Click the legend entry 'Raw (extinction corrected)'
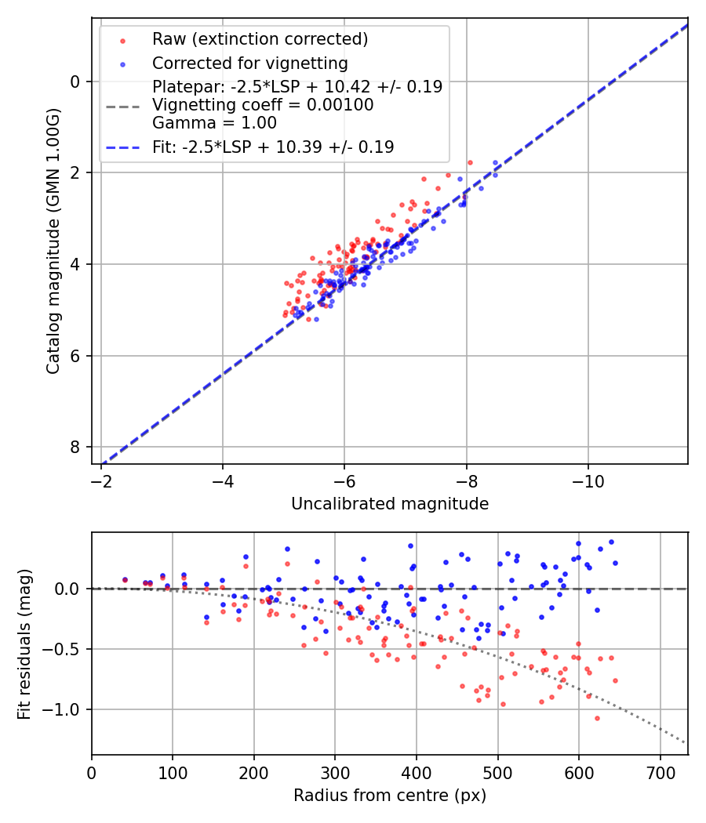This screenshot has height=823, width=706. coord(260,39)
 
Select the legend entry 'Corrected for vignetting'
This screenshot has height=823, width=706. coord(250,63)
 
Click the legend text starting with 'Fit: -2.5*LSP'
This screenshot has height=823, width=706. coord(273,147)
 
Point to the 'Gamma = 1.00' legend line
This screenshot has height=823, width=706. coord(214,122)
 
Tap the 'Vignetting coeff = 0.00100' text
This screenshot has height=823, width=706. coord(263,105)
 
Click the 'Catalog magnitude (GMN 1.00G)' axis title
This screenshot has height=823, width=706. coord(53,241)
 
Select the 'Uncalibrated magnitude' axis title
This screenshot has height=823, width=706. coord(390,504)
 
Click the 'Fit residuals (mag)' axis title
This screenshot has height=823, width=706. coord(24,644)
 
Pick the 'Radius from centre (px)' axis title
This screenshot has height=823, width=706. coord(390,796)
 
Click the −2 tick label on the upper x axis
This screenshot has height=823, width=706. coord(101,480)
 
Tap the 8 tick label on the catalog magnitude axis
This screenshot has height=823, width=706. coord(75,447)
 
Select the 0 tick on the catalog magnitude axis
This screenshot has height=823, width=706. coord(75,82)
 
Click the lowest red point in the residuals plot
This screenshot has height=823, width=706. coord(597,718)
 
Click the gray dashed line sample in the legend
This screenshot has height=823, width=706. coord(122,105)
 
